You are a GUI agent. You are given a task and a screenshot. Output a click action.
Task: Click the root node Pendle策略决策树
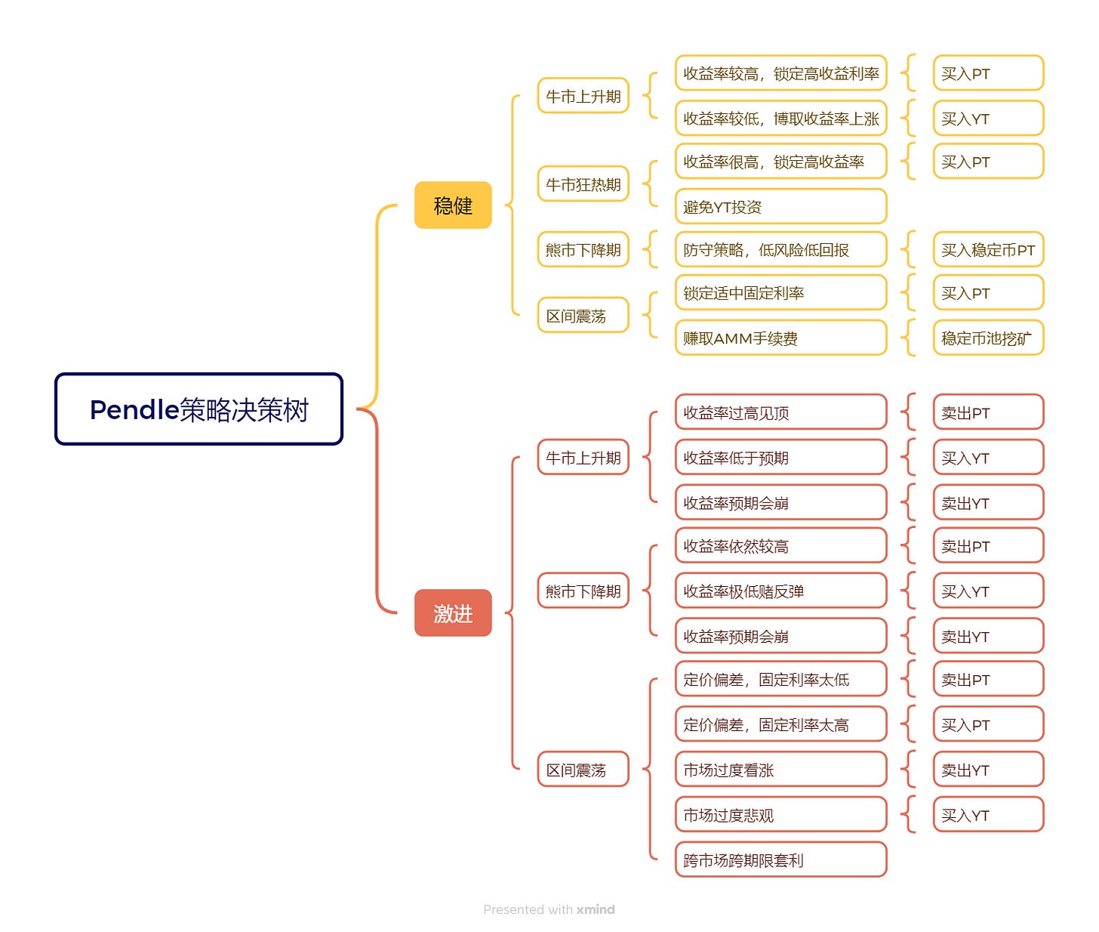[x=199, y=409]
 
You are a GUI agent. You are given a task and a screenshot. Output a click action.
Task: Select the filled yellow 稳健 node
[x=453, y=205]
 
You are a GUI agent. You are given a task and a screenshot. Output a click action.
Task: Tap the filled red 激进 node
[x=453, y=613]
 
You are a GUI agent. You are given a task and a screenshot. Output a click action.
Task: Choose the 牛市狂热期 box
[x=583, y=184]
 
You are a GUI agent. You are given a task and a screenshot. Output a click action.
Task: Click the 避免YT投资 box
[x=780, y=206]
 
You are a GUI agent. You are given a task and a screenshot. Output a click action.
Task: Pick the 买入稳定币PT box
[x=988, y=250]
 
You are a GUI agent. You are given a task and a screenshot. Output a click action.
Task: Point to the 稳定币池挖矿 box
[x=988, y=338]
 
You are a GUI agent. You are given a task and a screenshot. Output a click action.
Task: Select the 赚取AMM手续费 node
[x=780, y=338]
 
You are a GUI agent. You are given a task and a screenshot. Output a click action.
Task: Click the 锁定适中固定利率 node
[x=780, y=293]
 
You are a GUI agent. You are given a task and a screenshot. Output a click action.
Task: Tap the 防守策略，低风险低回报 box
[x=780, y=250]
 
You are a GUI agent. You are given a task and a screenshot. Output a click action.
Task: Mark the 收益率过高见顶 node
[x=780, y=412]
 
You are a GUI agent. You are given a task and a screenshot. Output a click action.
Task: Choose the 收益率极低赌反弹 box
[x=780, y=591]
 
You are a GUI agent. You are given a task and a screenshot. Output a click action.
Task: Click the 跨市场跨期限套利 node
[x=780, y=859]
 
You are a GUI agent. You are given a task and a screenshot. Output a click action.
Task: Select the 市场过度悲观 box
[x=780, y=815]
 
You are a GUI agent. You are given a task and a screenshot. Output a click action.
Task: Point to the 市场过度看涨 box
[x=780, y=770]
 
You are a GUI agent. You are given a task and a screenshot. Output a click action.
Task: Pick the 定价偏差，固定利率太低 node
[x=780, y=679]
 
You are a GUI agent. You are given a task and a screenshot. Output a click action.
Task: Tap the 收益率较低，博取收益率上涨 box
[x=780, y=119]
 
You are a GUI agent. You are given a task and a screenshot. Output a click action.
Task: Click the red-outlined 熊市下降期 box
[x=583, y=591]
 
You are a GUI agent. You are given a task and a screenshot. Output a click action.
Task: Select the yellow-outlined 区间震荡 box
[x=583, y=316]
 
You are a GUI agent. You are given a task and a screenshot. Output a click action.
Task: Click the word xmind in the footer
[x=596, y=909]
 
